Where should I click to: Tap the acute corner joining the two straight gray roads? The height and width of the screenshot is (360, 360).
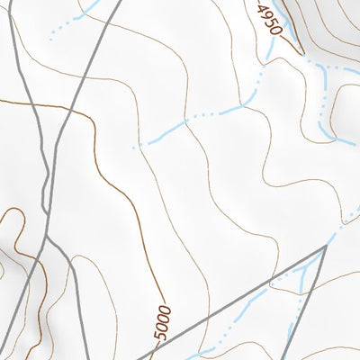[x=325, y=245]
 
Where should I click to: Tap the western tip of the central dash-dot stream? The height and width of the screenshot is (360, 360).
[x=135, y=146]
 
